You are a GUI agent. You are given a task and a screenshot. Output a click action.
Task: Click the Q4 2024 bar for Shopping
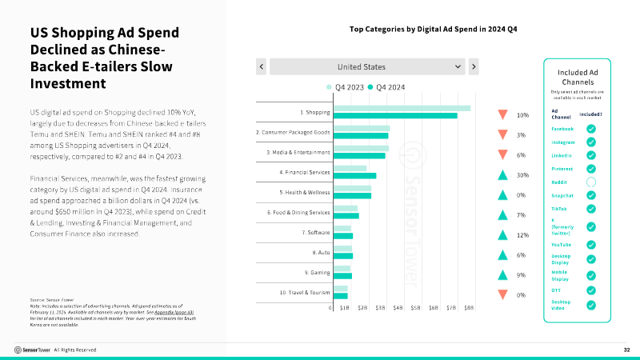pyautogui.click(x=395, y=115)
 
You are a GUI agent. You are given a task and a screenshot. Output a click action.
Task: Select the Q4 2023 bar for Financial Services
pyautogui.click(x=350, y=168)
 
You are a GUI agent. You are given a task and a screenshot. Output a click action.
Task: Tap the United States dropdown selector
pyautogui.click(x=367, y=66)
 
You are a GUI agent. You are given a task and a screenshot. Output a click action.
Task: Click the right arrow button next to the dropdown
pyautogui.click(x=474, y=66)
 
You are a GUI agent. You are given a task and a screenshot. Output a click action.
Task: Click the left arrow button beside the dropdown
pyautogui.click(x=261, y=66)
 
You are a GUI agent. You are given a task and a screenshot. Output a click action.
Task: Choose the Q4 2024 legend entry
pyautogui.click(x=387, y=86)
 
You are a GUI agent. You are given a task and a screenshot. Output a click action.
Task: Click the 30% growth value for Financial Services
pyautogui.click(x=522, y=175)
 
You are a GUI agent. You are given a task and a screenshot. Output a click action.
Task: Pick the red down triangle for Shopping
pyautogui.click(x=502, y=114)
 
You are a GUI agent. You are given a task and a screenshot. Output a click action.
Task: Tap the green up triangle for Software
pyautogui.click(x=502, y=235)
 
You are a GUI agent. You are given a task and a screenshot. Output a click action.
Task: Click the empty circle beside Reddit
pyautogui.click(x=591, y=182)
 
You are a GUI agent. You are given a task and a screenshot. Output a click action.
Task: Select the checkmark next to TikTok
pyautogui.click(x=591, y=208)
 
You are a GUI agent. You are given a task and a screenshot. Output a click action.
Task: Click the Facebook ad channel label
pyautogui.click(x=563, y=129)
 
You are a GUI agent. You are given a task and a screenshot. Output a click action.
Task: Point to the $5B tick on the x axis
pyautogui.click(x=416, y=306)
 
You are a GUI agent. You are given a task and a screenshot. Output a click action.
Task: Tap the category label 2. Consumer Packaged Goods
pyautogui.click(x=293, y=132)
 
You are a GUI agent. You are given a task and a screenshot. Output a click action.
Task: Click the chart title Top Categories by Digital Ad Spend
pyautogui.click(x=434, y=29)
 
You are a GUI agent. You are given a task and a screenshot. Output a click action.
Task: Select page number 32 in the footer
pyautogui.click(x=626, y=350)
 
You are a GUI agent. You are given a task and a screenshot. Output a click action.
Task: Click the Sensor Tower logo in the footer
pyautogui.click(x=32, y=350)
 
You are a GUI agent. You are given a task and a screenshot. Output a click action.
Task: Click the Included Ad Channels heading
pyautogui.click(x=577, y=77)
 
